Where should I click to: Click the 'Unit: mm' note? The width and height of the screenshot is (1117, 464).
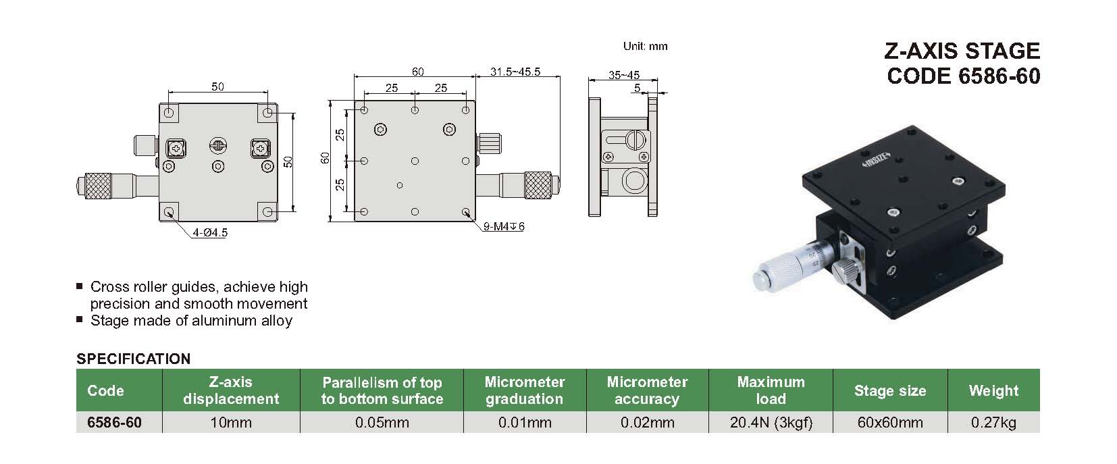(645, 47)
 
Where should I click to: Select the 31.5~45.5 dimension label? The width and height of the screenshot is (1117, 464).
(515, 72)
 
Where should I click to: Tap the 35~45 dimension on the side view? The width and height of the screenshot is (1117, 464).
(624, 76)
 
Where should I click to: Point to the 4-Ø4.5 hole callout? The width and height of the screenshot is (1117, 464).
(210, 232)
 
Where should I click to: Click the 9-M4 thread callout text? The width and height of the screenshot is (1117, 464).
(504, 226)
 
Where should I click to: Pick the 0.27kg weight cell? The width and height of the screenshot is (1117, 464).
(993, 423)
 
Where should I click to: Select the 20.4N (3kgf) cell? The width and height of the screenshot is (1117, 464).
(771, 423)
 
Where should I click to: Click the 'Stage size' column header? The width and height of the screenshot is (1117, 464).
(890, 390)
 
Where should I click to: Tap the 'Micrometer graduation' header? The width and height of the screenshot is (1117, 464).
(525, 390)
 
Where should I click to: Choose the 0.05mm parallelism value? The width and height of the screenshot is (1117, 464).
(382, 423)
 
